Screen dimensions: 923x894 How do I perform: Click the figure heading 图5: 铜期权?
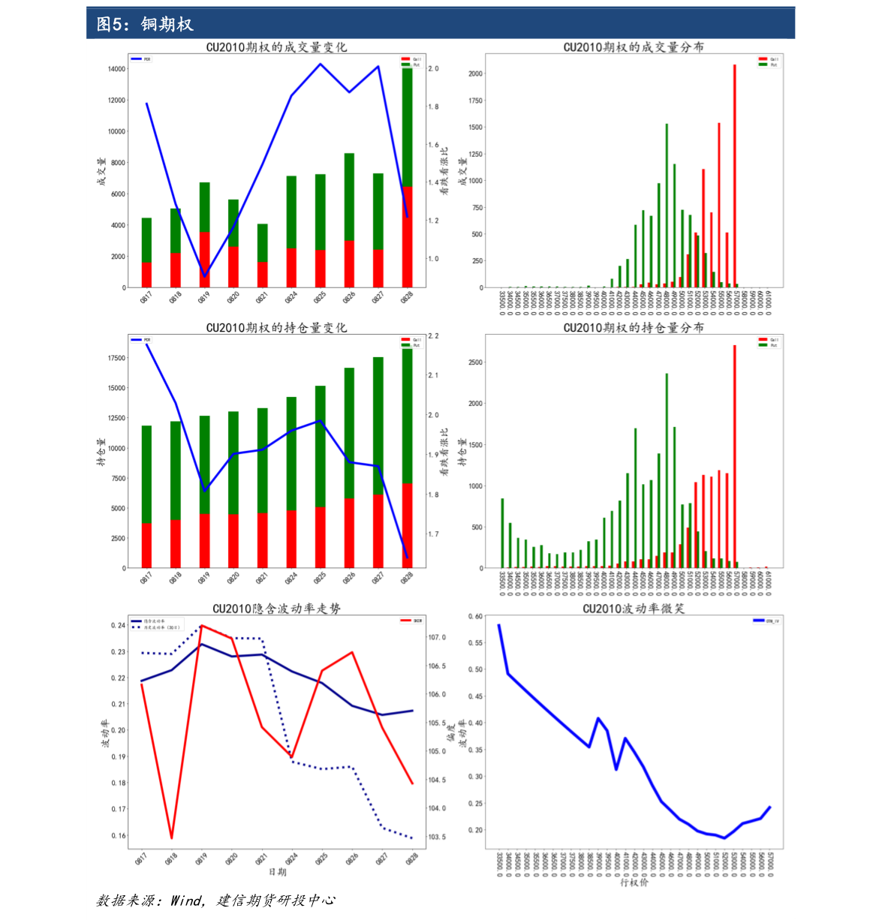pos(145,24)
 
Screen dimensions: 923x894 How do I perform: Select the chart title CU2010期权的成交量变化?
pos(276,47)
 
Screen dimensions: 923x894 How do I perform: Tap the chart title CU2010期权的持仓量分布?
pos(634,328)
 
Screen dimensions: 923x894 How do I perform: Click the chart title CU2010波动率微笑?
pos(634,609)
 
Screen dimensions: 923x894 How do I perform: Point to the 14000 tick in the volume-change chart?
pos(116,69)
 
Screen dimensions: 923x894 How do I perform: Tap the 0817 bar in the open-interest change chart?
pos(146,497)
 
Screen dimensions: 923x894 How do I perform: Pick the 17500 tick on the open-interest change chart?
pos(116,358)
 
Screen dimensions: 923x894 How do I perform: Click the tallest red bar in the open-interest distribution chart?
pos(734,456)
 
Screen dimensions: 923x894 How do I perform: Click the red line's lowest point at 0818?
pos(172,837)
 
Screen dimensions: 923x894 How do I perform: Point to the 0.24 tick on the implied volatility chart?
pos(119,626)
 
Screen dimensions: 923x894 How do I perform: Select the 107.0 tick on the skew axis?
pos(437,638)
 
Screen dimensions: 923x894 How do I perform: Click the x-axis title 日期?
pos(277,872)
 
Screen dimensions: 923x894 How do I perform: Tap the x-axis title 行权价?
pos(634,882)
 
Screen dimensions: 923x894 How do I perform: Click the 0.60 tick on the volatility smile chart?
pos(475,617)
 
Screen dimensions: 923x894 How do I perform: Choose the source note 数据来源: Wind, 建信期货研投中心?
pos(215,900)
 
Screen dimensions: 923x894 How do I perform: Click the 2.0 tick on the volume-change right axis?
pos(433,69)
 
